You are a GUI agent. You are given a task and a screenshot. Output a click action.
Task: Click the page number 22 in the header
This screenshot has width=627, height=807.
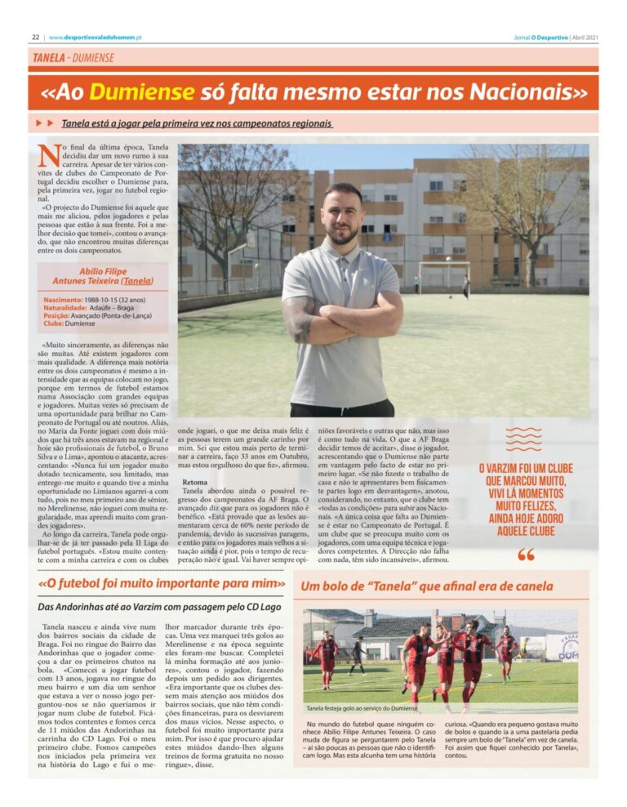point(36,37)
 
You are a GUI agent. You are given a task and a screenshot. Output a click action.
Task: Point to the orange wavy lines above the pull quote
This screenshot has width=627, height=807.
point(523,439)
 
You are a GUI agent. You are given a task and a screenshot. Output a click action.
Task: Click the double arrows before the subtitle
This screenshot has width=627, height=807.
point(45,123)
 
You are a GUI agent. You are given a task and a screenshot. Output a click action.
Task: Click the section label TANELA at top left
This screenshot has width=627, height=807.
point(49,58)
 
